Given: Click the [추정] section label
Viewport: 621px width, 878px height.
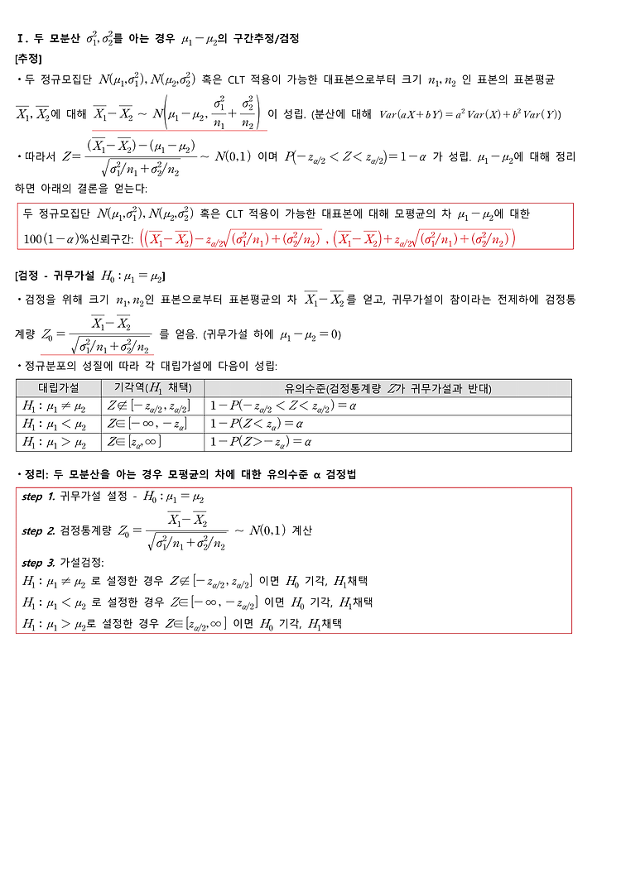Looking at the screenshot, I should click(x=29, y=59).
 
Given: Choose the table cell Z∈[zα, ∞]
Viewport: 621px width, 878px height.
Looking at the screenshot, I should click(x=133, y=443).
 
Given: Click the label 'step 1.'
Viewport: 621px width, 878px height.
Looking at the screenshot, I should click(x=39, y=497).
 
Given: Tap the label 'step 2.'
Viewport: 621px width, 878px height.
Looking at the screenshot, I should click(x=39, y=530).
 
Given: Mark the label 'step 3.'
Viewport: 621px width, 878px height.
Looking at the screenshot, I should click(x=39, y=563).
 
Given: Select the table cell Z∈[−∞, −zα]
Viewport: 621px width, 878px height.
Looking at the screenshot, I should click(x=146, y=425).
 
